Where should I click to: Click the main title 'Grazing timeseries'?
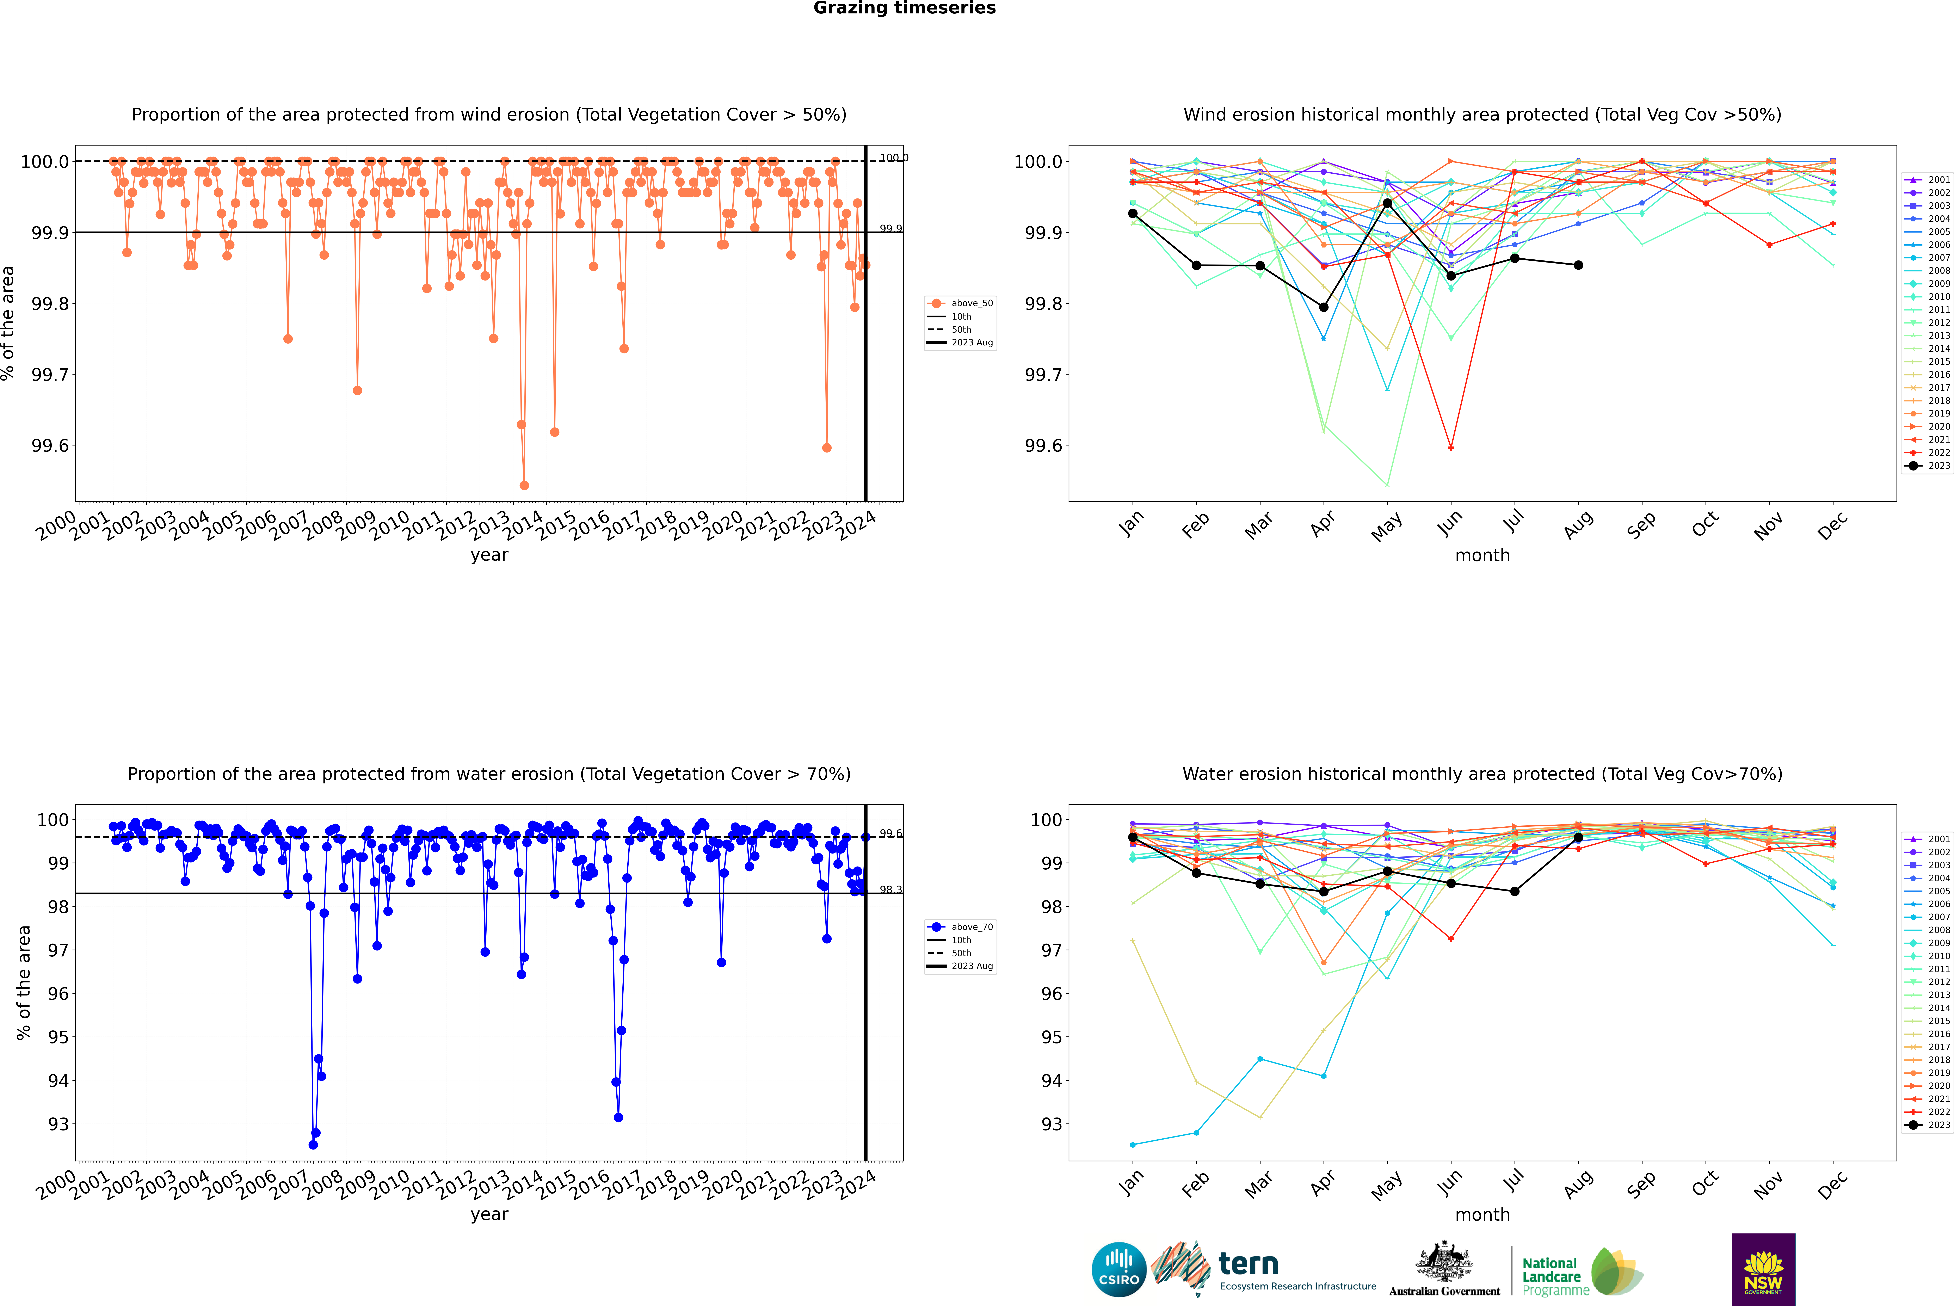[x=905, y=8]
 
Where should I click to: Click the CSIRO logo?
[x=1119, y=1269]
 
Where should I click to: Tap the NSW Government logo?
[x=1763, y=1269]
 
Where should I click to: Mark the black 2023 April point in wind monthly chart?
[x=1324, y=307]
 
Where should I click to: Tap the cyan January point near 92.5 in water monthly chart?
[x=1133, y=1144]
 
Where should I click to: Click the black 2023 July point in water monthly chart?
[x=1514, y=891]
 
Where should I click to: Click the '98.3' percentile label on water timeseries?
[x=890, y=889]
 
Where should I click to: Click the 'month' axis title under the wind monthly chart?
[x=1482, y=556]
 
